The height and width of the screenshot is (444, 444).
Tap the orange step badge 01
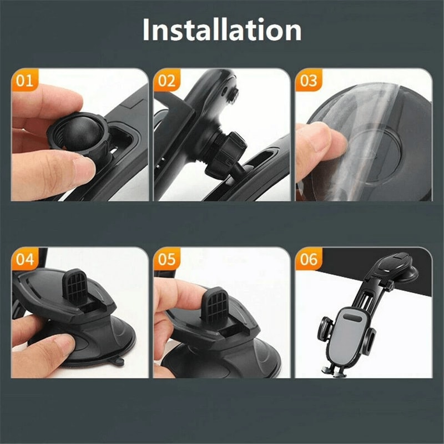pyautogui.click(x=24, y=80)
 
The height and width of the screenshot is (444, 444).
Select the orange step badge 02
pyautogui.click(x=166, y=80)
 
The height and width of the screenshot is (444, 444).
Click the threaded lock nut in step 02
pyautogui.click(x=225, y=150)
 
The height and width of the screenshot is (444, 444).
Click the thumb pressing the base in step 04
pyautogui.click(x=47, y=350)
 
